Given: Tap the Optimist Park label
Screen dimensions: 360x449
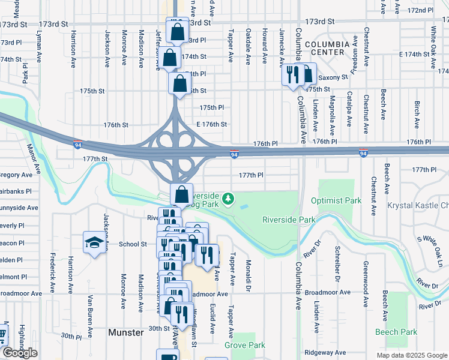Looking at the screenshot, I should pyautogui.click(x=336, y=200).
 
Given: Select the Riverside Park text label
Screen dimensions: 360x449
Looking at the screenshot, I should pyautogui.click(x=289, y=220).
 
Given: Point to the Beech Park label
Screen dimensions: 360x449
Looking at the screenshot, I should pyautogui.click(x=396, y=332).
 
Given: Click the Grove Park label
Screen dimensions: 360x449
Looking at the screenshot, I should pyautogui.click(x=245, y=345).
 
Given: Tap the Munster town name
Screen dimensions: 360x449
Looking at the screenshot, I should pyautogui.click(x=126, y=332).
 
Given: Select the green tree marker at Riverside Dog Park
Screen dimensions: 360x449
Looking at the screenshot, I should pyautogui.click(x=228, y=197).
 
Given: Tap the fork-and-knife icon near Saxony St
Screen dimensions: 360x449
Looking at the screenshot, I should pyautogui.click(x=292, y=75).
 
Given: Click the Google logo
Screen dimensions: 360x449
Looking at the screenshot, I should pyautogui.click(x=19, y=353).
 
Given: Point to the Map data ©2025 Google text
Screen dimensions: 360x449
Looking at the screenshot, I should pyautogui.click(x=411, y=355).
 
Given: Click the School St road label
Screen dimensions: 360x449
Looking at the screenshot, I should pyautogui.click(x=133, y=244).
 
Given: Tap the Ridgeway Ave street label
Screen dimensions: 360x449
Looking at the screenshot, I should pyautogui.click(x=325, y=352).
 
